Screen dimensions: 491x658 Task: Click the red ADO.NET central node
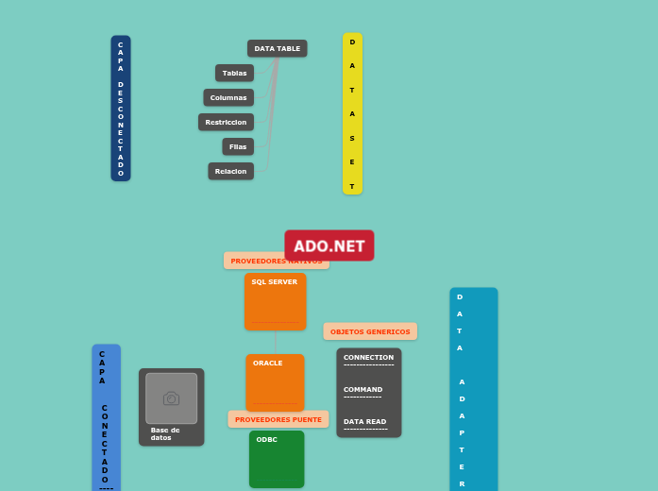click(329, 245)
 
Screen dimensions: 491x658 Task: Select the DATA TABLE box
click(277, 48)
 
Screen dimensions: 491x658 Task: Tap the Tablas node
click(234, 73)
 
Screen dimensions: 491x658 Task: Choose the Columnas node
click(228, 97)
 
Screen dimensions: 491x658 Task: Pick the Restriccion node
click(226, 122)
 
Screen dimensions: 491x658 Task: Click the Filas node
click(238, 146)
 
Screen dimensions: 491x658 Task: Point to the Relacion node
click(230, 171)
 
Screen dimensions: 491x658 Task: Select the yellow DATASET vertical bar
click(352, 113)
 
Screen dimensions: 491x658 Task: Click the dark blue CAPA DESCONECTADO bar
click(121, 108)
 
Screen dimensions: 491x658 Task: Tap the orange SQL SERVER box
click(275, 302)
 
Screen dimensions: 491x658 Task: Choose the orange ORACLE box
click(275, 382)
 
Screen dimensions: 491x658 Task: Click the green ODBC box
click(277, 460)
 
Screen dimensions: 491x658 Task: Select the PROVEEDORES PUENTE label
click(278, 419)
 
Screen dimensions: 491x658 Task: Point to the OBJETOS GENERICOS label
click(370, 331)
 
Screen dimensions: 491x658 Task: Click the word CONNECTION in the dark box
click(368, 358)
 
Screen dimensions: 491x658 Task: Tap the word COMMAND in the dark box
click(363, 389)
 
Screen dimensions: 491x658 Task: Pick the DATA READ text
click(364, 421)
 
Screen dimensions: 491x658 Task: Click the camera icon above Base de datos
click(171, 398)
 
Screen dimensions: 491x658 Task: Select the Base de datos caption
click(165, 433)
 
